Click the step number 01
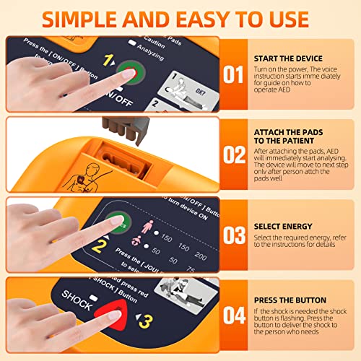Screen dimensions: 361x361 [x=232, y=74]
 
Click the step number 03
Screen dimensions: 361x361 [x=232, y=235]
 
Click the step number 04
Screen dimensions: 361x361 [x=232, y=316]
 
